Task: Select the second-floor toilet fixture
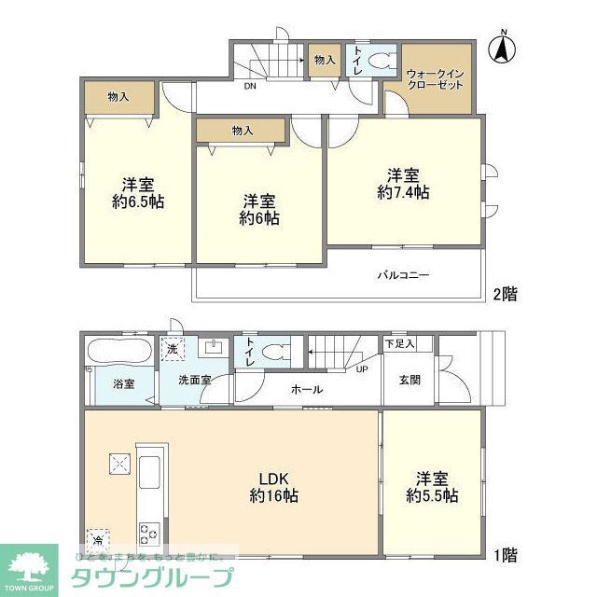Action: click(379, 62)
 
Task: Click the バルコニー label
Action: click(403, 276)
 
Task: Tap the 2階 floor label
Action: click(504, 294)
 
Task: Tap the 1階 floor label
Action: click(504, 555)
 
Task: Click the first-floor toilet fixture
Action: click(274, 354)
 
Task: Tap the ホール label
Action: click(307, 389)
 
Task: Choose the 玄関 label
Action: click(410, 380)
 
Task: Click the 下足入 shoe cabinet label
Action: click(400, 344)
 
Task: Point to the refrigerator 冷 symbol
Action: click(98, 539)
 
